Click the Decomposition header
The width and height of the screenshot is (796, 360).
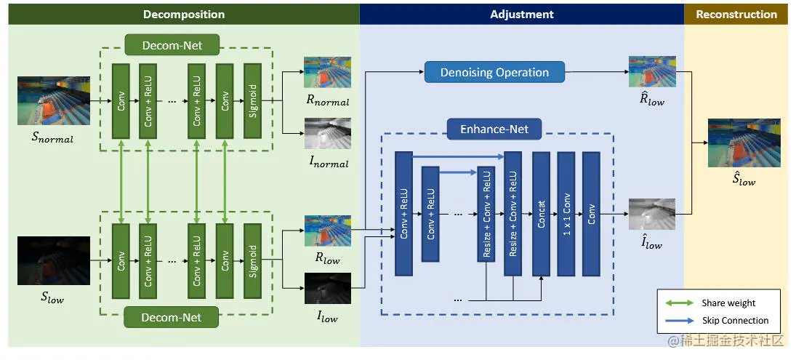(184, 15)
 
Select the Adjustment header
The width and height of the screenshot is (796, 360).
(521, 15)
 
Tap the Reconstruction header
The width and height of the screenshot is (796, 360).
(736, 15)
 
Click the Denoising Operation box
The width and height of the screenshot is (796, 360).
(494, 72)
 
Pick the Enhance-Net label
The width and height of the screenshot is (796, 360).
(494, 130)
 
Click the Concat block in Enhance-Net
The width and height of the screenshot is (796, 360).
(541, 214)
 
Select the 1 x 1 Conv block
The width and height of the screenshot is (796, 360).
(566, 214)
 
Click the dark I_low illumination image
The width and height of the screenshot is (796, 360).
(327, 288)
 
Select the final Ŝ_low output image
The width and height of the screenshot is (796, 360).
(744, 143)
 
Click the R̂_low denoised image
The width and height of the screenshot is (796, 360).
(651, 72)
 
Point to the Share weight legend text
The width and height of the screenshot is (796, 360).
(728, 303)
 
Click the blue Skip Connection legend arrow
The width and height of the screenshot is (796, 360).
(678, 320)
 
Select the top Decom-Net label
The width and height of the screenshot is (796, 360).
(172, 46)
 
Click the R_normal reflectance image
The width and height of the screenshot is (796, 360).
(327, 73)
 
